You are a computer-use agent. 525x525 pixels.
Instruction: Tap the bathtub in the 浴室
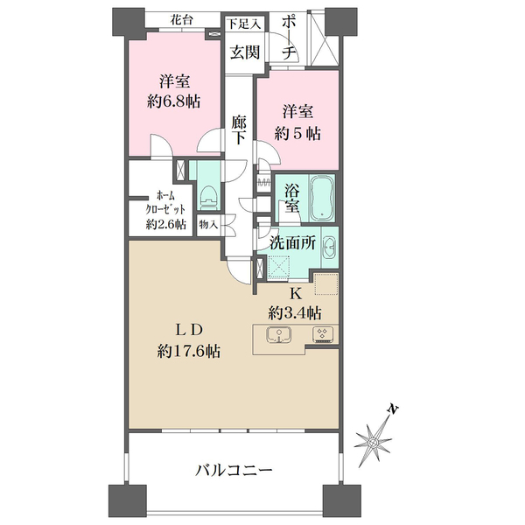point(321,198)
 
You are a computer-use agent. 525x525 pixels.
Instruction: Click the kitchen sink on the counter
point(277,334)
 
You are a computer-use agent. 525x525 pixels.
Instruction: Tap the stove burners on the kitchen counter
point(321,334)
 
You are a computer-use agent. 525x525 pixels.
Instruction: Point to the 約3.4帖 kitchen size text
point(294,311)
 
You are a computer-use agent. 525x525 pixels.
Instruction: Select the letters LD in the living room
point(189,330)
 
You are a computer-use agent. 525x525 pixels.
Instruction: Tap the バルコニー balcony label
point(234,471)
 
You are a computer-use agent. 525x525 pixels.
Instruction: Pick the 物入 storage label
point(208,224)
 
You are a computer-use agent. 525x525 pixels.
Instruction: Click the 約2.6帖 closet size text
point(165,224)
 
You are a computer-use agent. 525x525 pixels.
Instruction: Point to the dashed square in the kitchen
point(325,287)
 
